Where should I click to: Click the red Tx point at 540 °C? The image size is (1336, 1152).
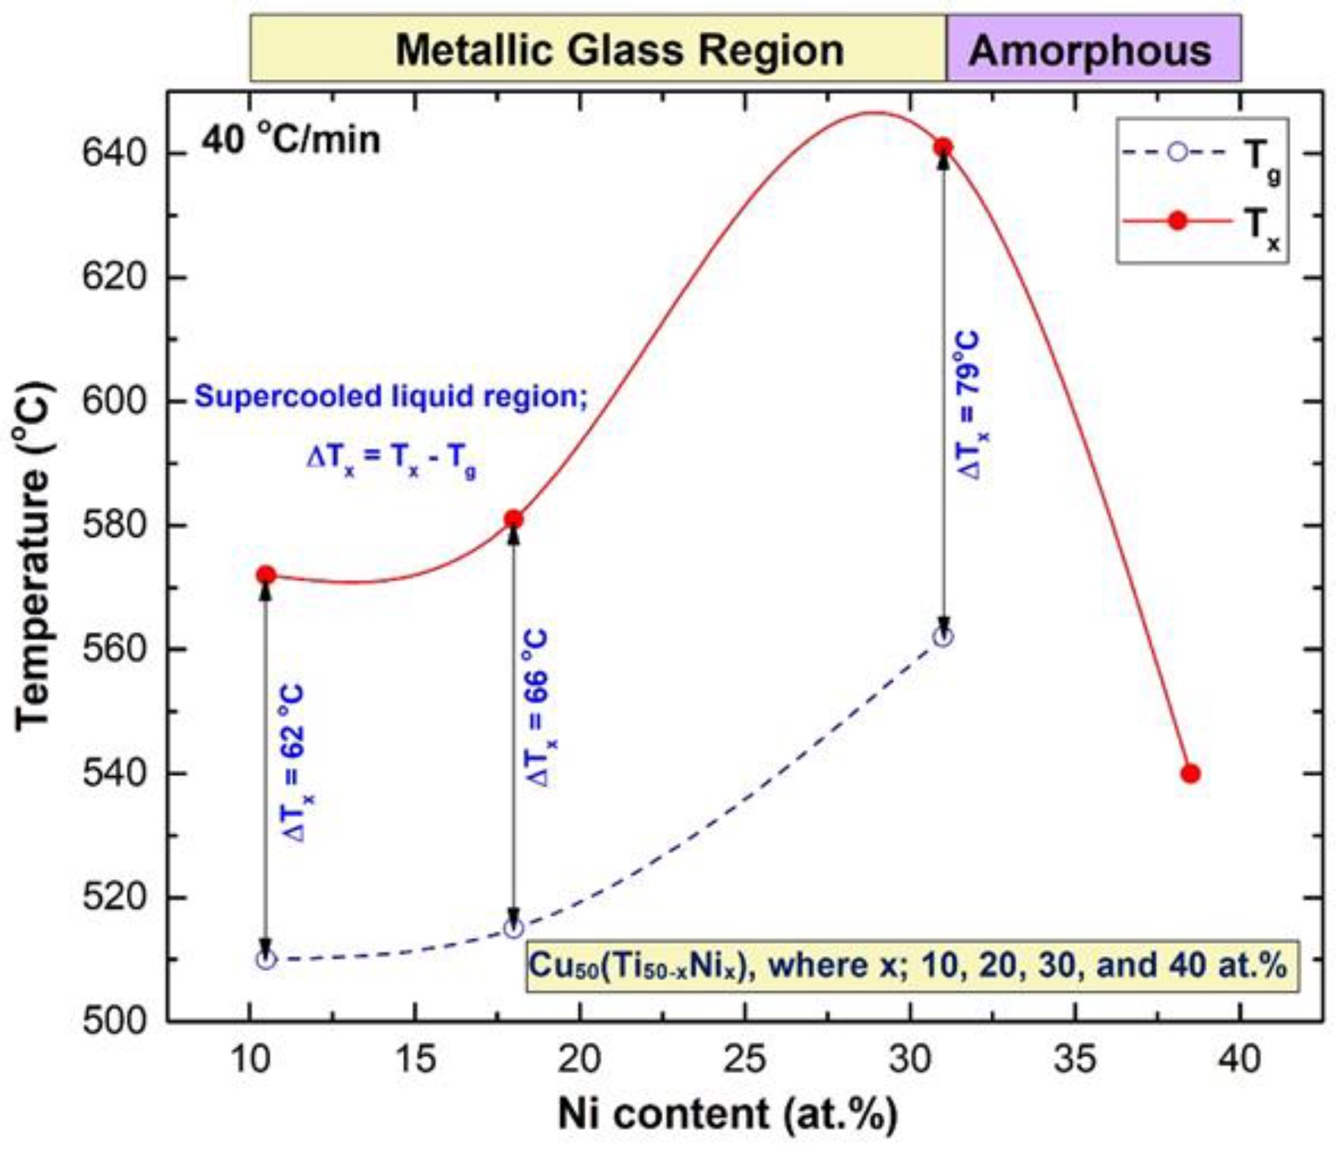point(1190,774)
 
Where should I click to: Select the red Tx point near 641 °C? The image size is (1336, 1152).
point(943,148)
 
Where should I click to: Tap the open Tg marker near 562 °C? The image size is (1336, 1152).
point(943,637)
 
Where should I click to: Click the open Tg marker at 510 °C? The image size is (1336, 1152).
point(266,959)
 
